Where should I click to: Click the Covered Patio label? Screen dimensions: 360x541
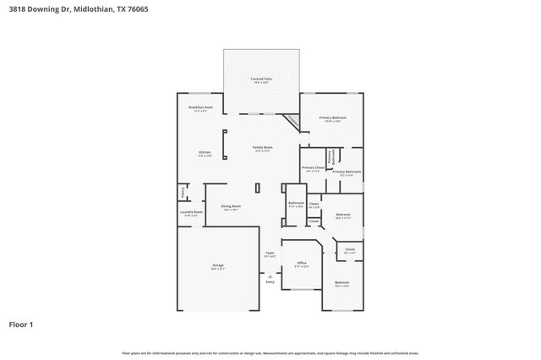(260, 79)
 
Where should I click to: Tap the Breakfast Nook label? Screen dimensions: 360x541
(200, 108)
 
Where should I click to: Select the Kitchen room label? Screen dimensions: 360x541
(205, 152)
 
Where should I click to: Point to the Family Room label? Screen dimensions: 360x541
(262, 147)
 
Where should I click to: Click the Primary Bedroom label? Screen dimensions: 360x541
(332, 117)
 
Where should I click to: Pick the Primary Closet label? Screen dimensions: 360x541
(313, 167)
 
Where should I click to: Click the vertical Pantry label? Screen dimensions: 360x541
(181, 192)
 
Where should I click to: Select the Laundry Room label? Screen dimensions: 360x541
(192, 212)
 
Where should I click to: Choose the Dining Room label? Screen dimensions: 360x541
(231, 206)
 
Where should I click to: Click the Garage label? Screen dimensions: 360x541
(218, 265)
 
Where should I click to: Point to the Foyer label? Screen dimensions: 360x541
(270, 253)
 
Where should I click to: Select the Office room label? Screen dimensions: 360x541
(302, 263)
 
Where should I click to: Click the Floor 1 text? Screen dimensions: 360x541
(21, 324)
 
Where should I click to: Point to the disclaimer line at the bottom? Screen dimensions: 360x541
(270, 352)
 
